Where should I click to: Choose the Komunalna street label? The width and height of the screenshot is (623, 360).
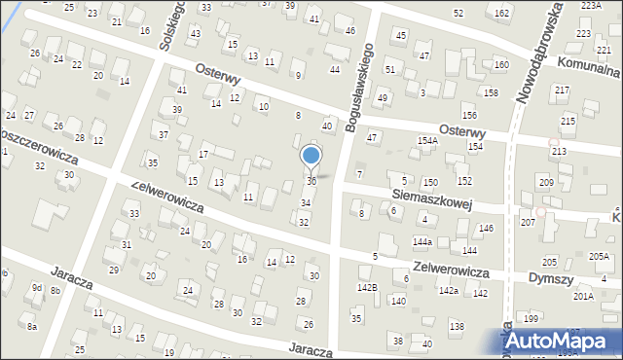coord(588,70)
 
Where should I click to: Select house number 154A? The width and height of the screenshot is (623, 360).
coord(428,141)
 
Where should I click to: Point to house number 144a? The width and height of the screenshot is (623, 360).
coord(421,241)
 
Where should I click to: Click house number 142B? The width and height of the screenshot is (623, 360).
coord(366,287)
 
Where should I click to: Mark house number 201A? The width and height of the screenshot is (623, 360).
coord(583,296)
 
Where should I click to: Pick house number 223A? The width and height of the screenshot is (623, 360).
coord(592,6)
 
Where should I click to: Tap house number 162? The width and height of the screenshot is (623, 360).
coord(501,13)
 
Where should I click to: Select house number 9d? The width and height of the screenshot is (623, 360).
coord(36,288)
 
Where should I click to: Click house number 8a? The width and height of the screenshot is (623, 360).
coord(32,327)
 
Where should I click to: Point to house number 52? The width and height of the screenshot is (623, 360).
coord(458,13)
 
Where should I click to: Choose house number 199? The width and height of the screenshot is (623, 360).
coord(531,319)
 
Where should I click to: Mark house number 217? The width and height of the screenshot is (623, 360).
coord(562,90)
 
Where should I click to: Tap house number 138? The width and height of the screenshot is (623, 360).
coord(457,326)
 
